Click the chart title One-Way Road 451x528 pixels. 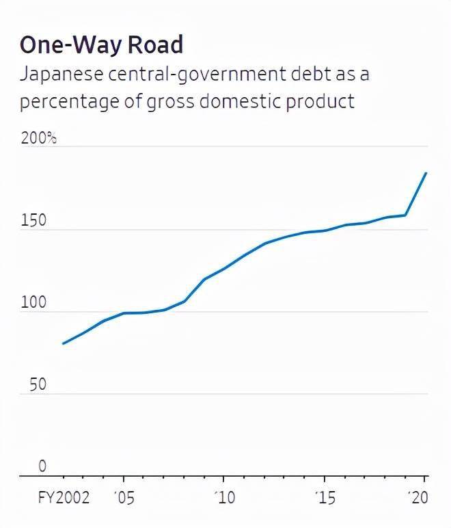[101, 44]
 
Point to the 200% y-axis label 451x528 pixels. [38, 138]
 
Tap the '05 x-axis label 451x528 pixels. [124, 498]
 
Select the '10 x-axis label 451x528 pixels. [225, 498]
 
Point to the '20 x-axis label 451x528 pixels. [418, 498]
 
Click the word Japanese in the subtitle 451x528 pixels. [64, 74]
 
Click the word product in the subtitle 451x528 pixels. [320, 101]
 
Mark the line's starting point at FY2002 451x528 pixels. [63, 343]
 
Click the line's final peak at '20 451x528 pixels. [426, 173]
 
